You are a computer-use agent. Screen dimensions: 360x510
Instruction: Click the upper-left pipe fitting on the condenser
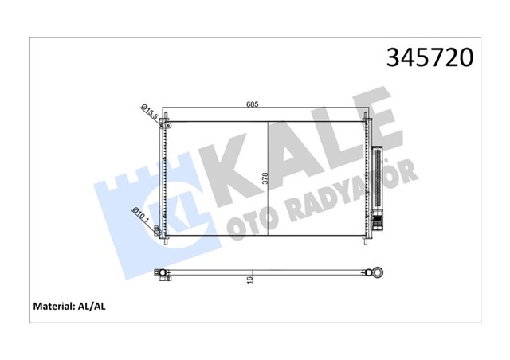pos(165,125)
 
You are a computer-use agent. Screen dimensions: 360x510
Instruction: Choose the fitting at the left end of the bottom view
pos(162,274)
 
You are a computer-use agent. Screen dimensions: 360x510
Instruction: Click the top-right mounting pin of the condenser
pos(367,118)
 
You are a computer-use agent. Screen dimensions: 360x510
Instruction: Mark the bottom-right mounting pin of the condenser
pos(367,238)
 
